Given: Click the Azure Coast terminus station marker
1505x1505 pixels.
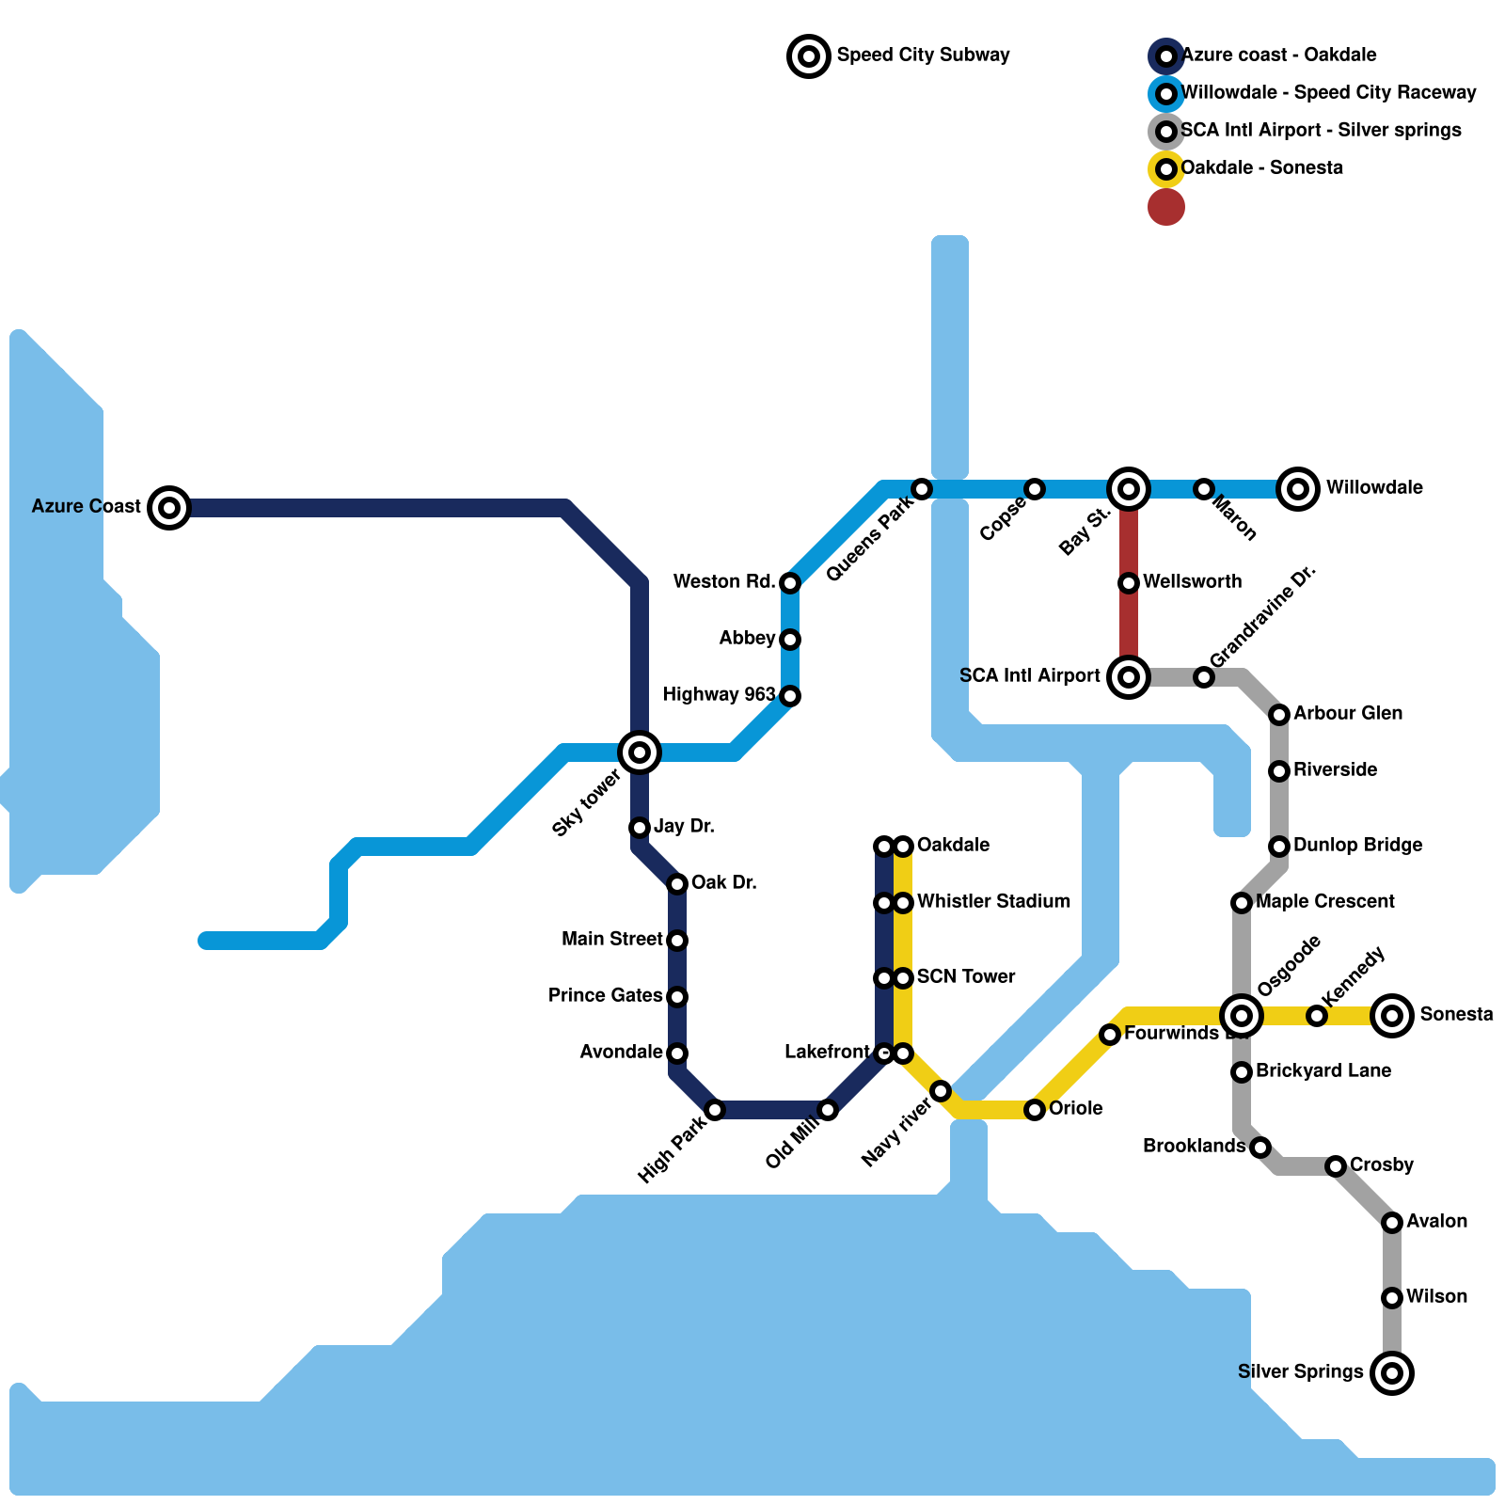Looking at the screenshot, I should point(169,508).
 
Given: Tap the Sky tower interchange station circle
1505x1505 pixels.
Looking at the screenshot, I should point(640,752).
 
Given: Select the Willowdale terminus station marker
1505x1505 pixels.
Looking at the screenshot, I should point(1298,488).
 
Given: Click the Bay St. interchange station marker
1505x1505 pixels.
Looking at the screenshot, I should point(1129,488).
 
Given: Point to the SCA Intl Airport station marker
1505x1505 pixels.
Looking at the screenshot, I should point(1129,676).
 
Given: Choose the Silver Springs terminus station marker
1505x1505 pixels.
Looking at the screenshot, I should point(1392,1372).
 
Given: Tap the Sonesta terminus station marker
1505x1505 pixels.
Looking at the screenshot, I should point(1392,1015).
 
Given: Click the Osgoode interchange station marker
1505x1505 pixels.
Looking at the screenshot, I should point(1242,1015).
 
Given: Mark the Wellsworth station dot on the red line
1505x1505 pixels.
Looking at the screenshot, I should point(1129,583).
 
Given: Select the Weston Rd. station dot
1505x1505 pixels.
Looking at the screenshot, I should point(790,583).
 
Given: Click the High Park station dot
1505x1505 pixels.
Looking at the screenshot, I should point(715,1110).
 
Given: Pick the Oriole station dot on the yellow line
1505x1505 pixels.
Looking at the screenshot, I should point(1035,1110).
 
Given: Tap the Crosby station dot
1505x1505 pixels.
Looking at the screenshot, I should point(1336,1166).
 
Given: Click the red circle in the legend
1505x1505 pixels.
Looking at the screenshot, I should point(1166,207).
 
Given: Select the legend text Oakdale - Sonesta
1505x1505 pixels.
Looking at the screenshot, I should point(1261,167).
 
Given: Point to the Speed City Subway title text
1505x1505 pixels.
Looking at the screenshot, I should point(923,55).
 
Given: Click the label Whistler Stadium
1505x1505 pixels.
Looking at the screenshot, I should point(993,901).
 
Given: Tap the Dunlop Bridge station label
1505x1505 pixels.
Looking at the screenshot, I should point(1357,845).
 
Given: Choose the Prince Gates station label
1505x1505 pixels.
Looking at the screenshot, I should point(605,995).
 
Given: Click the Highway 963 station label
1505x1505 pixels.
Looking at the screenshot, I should point(719,694).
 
